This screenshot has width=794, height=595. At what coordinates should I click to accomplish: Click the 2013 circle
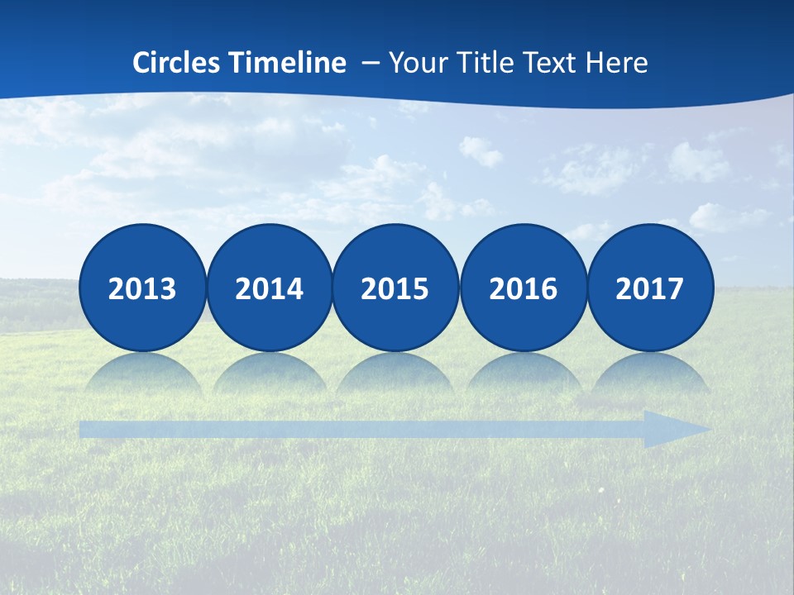[142, 288]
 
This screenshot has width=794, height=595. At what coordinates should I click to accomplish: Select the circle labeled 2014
[270, 288]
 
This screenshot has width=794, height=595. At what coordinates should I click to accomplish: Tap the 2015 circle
[395, 288]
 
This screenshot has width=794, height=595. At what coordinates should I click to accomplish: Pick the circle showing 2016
[524, 288]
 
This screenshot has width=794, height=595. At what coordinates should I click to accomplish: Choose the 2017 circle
[650, 288]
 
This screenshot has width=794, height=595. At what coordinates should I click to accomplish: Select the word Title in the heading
[482, 62]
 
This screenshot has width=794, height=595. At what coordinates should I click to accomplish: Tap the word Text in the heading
[552, 62]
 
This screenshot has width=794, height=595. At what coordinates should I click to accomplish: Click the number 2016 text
[524, 288]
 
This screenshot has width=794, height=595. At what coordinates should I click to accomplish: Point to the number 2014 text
[270, 288]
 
